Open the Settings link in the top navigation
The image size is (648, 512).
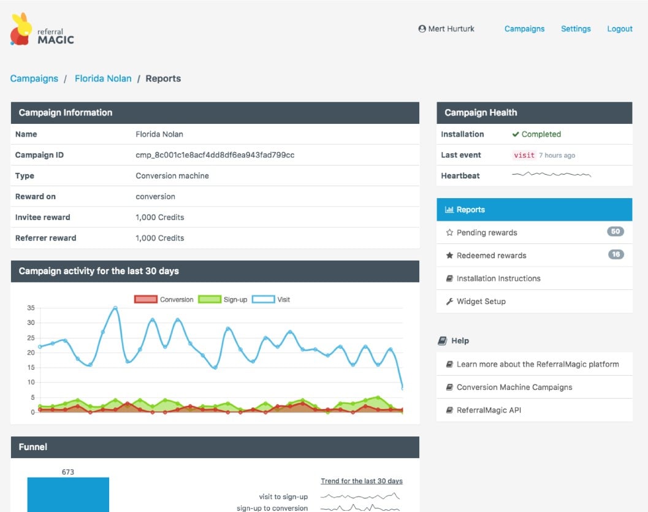576,29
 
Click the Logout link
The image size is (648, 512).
619,29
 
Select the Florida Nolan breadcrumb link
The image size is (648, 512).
103,78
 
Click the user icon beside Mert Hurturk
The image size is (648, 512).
422,29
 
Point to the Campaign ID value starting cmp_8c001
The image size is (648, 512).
215,155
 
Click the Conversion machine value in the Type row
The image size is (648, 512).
172,175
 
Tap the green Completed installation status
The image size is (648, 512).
536,134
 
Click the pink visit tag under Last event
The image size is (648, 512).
524,155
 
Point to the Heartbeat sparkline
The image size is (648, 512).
551,174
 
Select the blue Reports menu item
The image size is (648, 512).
535,210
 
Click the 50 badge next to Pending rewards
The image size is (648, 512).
616,231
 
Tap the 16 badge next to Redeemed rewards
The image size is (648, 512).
616,254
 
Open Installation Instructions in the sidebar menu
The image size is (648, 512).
498,278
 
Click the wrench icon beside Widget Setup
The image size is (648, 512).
449,301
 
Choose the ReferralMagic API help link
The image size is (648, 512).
489,410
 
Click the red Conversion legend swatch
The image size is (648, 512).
146,299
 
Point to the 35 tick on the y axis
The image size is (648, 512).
31,308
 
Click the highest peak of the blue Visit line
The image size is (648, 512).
115,308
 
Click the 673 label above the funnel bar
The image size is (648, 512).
68,472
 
